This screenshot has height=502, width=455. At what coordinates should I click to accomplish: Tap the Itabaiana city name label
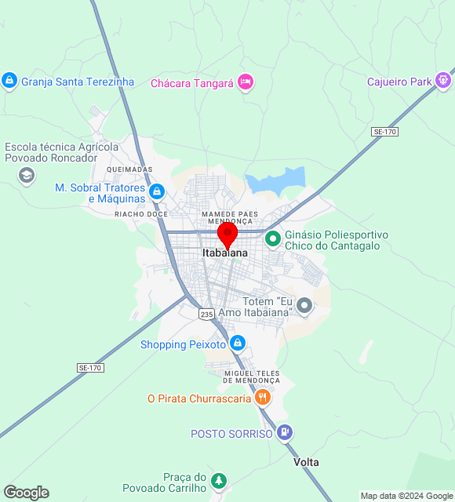(225, 253)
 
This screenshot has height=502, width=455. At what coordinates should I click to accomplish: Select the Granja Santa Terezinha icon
(9, 81)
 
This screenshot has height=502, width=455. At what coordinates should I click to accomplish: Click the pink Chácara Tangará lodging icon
(246, 82)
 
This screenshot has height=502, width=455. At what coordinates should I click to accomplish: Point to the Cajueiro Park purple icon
(443, 81)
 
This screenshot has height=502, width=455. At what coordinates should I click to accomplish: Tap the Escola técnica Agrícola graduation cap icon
(27, 175)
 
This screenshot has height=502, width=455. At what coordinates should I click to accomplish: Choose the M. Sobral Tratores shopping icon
(157, 191)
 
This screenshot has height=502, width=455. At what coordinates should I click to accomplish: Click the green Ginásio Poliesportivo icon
(273, 238)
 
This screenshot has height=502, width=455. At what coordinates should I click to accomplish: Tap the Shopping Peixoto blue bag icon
(238, 344)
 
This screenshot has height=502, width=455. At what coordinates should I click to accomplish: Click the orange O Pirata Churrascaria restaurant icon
(263, 398)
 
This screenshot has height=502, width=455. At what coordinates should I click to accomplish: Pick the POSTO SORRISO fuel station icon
(284, 432)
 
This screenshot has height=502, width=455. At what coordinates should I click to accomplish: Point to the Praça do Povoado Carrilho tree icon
(219, 481)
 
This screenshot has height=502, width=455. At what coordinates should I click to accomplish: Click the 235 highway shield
(206, 314)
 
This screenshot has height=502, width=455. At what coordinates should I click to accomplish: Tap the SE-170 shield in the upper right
(384, 132)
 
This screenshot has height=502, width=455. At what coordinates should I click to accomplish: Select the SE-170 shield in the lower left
(90, 367)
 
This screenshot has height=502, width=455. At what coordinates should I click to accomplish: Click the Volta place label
(306, 462)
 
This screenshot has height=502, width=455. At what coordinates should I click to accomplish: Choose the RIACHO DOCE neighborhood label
(141, 214)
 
